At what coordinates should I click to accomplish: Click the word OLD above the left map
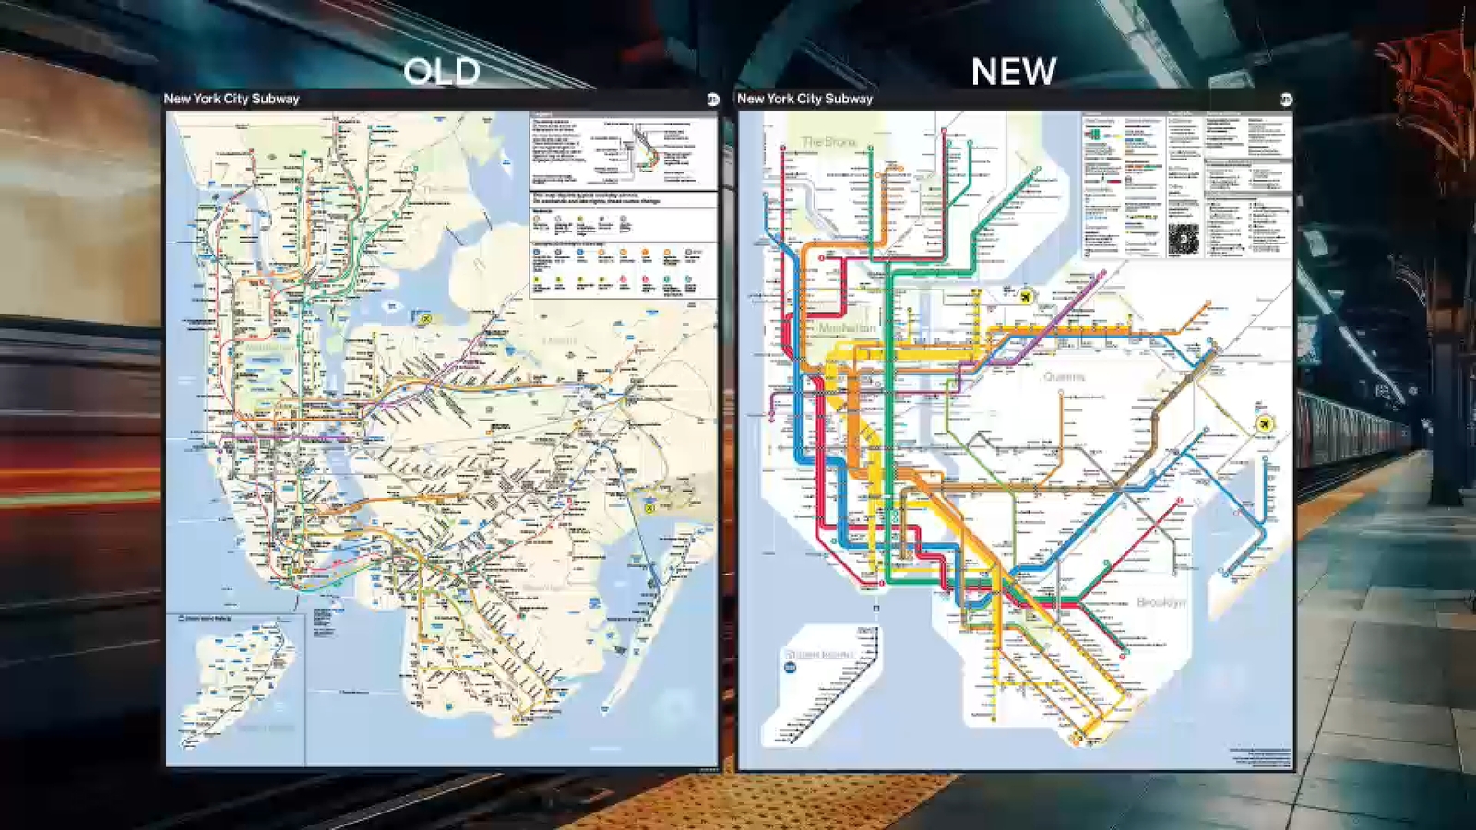(x=442, y=72)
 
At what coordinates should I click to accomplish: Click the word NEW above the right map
(x=1013, y=71)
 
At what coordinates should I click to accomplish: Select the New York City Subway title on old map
(x=232, y=99)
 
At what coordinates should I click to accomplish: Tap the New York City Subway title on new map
(x=804, y=99)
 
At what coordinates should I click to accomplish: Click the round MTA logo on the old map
(x=712, y=100)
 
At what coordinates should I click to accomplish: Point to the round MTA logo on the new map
(x=1286, y=100)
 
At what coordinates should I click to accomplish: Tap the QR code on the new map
(x=1183, y=240)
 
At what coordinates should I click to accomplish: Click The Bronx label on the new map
(x=828, y=142)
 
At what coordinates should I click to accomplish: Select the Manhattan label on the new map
(x=847, y=328)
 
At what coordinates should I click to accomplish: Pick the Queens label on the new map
(x=1064, y=376)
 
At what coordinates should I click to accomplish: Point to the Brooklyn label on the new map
(x=1161, y=602)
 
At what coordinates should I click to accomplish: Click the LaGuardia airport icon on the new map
(x=1026, y=296)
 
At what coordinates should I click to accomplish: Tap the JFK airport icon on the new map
(x=1264, y=423)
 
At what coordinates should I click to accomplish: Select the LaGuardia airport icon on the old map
(x=426, y=318)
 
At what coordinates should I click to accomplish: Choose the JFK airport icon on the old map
(x=649, y=507)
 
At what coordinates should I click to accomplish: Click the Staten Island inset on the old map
(x=236, y=687)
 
